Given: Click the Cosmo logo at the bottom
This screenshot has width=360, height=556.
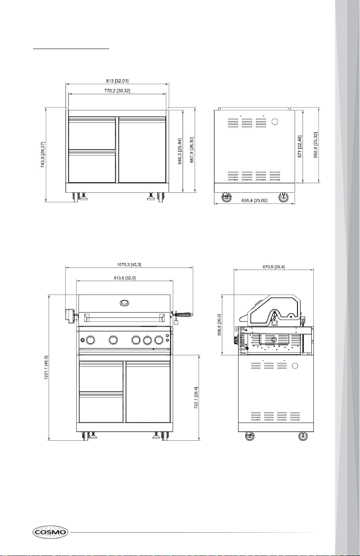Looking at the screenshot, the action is click(x=50, y=532).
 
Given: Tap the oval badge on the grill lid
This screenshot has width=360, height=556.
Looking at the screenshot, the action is click(x=124, y=303).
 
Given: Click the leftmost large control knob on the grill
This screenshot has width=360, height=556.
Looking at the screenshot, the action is click(x=90, y=340).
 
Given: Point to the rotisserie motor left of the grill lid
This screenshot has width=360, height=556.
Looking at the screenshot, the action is click(x=70, y=316).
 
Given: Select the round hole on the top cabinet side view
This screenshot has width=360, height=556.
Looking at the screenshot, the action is click(x=275, y=122).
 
